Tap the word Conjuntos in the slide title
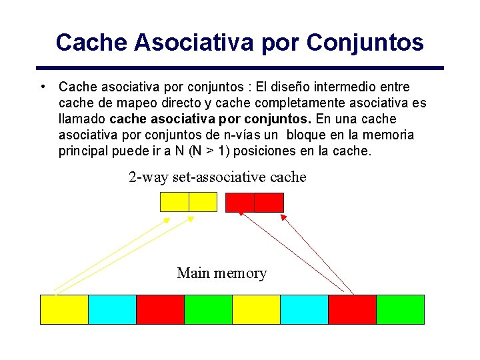365,43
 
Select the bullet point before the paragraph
42,87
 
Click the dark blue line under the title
240,68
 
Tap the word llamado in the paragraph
81,119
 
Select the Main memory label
221,273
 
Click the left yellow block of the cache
175,202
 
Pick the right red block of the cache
269,202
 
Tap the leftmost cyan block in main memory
112,309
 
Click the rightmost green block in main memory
400,309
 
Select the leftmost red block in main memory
160,309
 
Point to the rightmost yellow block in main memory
256,309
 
